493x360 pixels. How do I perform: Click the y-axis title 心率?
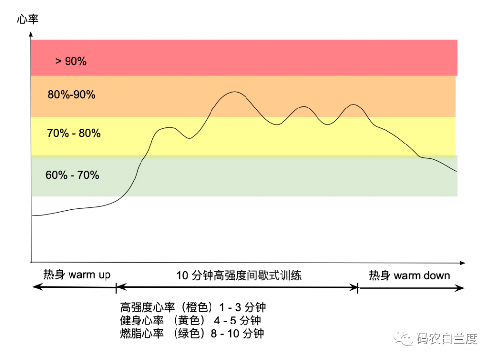[27, 20]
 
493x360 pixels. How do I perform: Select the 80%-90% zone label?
[71, 95]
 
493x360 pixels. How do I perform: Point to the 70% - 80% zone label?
[74, 133]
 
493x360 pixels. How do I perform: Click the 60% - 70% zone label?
[72, 175]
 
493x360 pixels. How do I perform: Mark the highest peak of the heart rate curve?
[232, 92]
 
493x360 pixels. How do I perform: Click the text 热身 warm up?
[77, 275]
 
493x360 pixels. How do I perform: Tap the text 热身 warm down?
[409, 275]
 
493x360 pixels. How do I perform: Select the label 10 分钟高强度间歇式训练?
[239, 275]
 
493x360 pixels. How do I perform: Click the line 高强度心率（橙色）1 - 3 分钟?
[193, 307]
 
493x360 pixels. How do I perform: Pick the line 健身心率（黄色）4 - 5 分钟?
[190, 320]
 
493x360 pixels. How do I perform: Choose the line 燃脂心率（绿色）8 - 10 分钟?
[192, 333]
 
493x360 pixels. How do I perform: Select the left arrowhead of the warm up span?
[34, 287]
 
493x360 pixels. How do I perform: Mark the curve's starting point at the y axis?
[33, 216]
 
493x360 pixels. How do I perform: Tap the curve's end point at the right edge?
[456, 171]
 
